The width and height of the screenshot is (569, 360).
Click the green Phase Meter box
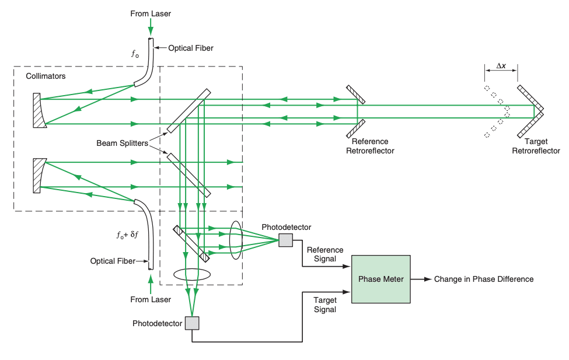(381, 279)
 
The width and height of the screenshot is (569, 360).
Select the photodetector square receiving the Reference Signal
(285, 240)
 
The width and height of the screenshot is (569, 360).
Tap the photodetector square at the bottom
(192, 323)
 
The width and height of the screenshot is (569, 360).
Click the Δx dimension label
(501, 66)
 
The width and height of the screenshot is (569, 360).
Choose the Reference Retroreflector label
(369, 146)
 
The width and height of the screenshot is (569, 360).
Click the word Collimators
(46, 76)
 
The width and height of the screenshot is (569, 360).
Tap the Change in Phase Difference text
(483, 279)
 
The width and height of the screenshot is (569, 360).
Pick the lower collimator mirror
(39, 174)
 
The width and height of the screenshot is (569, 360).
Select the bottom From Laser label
(151, 299)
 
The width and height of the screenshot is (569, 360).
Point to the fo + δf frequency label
(127, 235)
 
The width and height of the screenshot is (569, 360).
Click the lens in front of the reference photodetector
(236, 239)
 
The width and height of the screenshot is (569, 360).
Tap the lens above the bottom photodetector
(192, 274)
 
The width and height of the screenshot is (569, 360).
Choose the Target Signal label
(324, 305)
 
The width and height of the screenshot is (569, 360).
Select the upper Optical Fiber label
(191, 48)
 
